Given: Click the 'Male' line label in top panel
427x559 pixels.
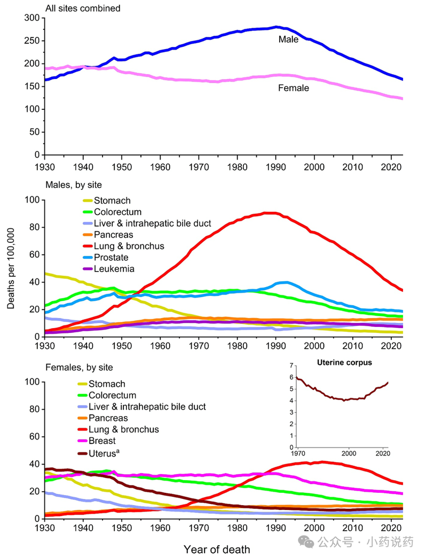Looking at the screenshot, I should pyautogui.click(x=289, y=39).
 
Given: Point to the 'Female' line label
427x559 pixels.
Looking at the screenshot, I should pyautogui.click(x=293, y=88).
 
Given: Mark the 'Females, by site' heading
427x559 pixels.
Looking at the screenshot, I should pyautogui.click(x=78, y=368).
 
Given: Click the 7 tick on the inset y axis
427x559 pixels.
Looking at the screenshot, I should pyautogui.click(x=291, y=365).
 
